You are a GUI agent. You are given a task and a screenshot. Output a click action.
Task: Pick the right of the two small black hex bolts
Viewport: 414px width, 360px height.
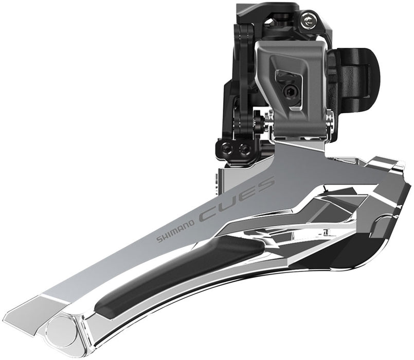click(x=245, y=150)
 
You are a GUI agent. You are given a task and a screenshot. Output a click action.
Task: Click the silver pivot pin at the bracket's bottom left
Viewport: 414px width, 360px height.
click(x=265, y=120)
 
